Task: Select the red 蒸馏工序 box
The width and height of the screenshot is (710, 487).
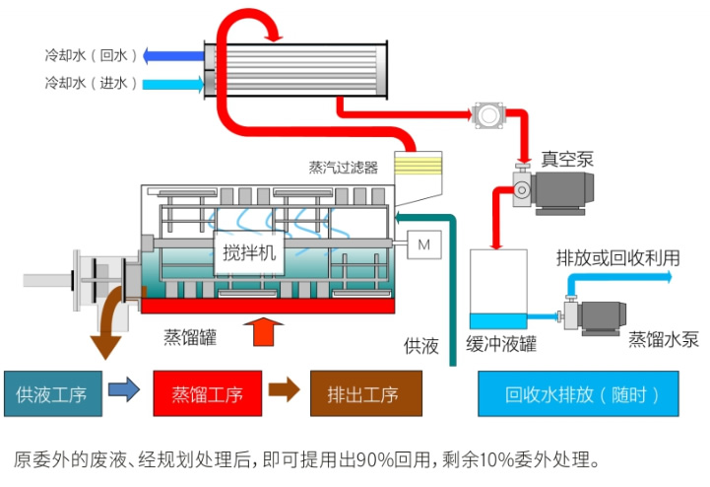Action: (207, 394)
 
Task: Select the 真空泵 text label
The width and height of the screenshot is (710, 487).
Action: (567, 158)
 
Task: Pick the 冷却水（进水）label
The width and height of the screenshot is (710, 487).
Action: (91, 84)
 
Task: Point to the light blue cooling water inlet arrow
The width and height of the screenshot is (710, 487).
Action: (171, 84)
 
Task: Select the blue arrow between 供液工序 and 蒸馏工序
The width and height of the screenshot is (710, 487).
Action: (124, 391)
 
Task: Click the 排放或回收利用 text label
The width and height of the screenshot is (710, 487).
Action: (617, 258)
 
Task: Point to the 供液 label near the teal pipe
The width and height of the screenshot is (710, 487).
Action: (420, 346)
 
